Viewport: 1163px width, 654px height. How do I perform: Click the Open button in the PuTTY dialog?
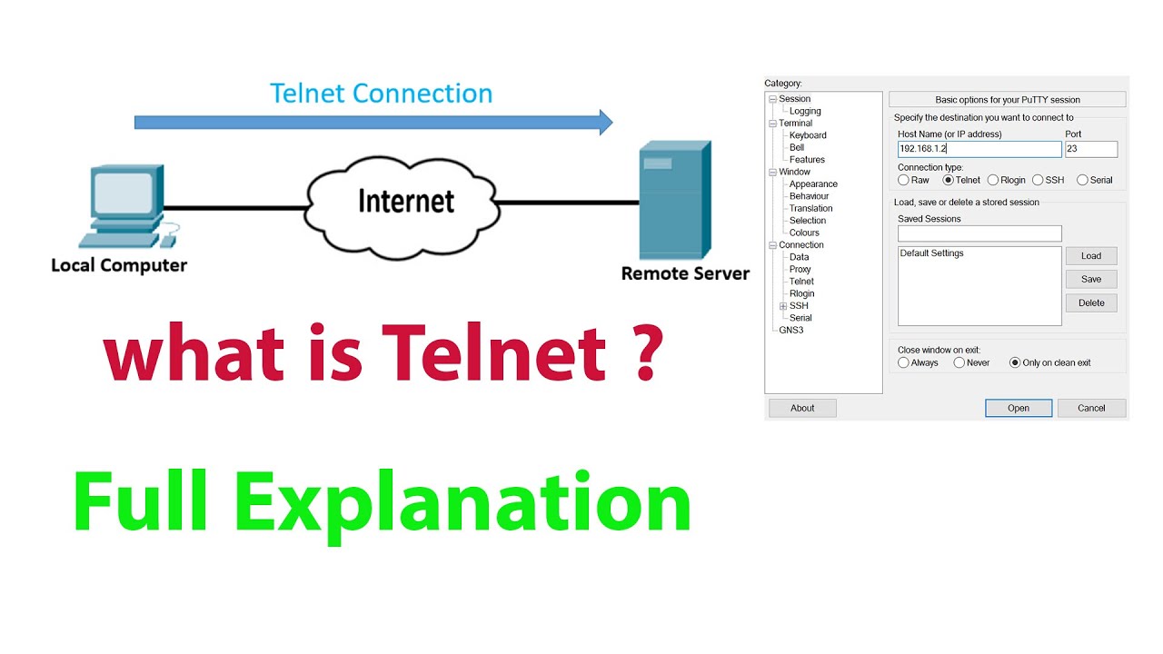(1018, 408)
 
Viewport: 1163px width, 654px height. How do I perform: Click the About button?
(802, 408)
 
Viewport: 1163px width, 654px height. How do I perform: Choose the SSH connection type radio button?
(1038, 180)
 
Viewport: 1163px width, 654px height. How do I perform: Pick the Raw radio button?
(903, 180)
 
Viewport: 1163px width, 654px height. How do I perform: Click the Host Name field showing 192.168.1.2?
(979, 149)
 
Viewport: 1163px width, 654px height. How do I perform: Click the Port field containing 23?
(1090, 149)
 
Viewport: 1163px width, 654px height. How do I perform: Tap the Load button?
(1090, 256)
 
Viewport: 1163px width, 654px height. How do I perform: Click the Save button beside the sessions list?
(1090, 280)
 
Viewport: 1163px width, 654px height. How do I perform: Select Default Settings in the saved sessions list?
(932, 253)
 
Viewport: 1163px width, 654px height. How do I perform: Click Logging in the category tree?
(805, 111)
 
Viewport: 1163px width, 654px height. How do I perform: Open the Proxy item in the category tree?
(800, 269)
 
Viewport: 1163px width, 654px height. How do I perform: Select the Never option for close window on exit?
(959, 362)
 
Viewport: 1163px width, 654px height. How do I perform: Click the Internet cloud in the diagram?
(405, 202)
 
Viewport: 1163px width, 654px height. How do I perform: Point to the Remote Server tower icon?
(673, 200)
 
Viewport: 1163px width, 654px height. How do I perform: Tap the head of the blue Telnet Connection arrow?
(604, 122)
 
